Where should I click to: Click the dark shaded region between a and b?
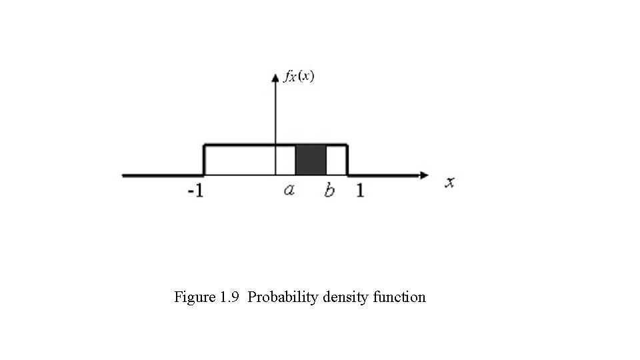pos(311,160)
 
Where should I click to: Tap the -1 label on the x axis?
pos(195,191)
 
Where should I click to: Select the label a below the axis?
pos(289,191)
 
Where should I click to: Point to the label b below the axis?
pos(329,191)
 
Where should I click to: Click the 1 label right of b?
pos(360,191)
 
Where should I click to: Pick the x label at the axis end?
pos(450,182)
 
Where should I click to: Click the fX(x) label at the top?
pos(299,77)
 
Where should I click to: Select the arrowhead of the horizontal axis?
pos(425,175)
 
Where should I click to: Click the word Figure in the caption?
pos(194,297)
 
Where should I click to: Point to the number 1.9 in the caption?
pos(229,297)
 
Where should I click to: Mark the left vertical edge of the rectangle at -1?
pos(204,160)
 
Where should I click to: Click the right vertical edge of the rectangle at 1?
pos(347,160)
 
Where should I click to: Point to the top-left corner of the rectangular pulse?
pos(204,145)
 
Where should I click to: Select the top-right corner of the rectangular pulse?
pos(347,145)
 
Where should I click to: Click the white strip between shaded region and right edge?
pos(336,160)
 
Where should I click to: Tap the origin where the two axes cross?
pos(275,175)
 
